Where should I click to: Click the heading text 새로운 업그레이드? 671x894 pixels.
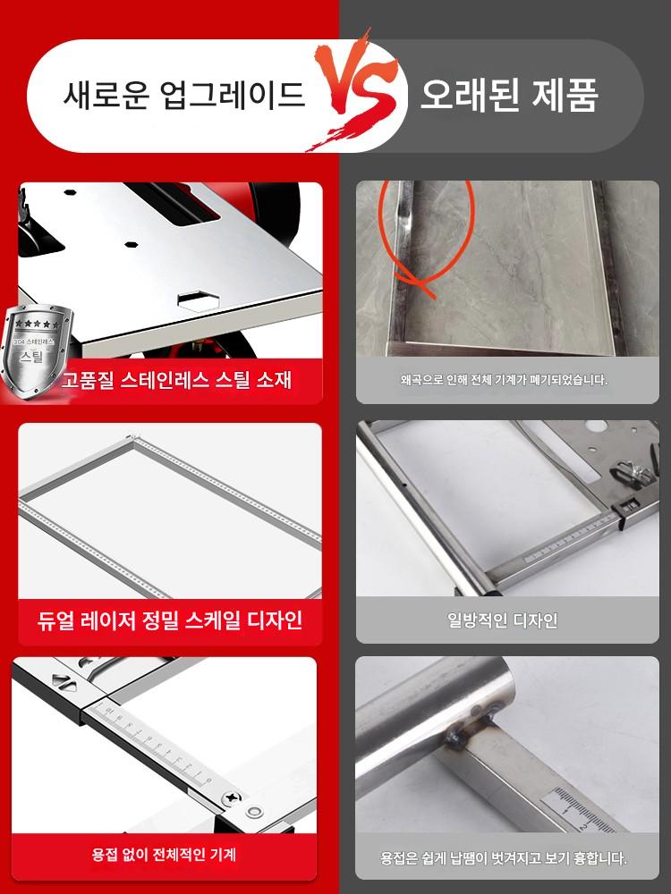(183, 95)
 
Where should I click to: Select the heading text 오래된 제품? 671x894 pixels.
(510, 95)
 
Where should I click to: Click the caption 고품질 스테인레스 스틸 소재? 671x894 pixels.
(177, 379)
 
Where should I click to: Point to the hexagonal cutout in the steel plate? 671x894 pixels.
(198, 299)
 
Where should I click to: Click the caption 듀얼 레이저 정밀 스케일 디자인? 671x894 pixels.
(169, 620)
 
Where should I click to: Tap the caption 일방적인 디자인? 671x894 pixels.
(503, 620)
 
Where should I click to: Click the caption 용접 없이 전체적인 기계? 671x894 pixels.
(164, 855)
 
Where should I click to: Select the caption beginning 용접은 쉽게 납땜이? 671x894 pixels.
(504, 858)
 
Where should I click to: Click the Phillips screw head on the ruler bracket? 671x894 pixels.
(232, 798)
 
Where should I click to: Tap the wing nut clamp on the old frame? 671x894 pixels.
(632, 471)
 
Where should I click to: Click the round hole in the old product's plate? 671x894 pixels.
(596, 426)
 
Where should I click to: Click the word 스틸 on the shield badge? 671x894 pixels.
(32, 357)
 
